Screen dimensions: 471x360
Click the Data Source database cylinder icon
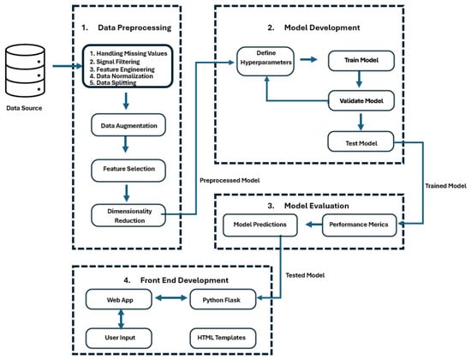[25, 70]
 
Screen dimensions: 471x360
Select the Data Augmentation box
[128, 125]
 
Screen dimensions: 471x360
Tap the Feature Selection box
[128, 171]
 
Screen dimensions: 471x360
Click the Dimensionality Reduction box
[128, 215]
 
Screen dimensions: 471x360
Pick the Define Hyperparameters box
[265, 61]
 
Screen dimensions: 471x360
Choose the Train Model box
[361, 61]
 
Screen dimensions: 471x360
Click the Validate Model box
[361, 100]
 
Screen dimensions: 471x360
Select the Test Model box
[361, 141]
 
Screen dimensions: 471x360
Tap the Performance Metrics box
[360, 225]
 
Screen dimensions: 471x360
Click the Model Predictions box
[260, 225]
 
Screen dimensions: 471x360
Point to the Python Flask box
[223, 299]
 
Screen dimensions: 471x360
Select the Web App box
[119, 299]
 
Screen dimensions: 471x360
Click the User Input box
[119, 339]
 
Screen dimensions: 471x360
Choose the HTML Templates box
[223, 339]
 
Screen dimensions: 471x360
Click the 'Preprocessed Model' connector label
[230, 181]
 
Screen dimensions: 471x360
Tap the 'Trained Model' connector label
[446, 186]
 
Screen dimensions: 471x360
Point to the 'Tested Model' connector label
[305, 275]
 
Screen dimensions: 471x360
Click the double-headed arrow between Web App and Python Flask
[171, 298]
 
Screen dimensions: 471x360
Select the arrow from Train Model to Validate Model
[359, 79]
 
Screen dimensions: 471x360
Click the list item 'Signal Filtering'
[115, 62]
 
